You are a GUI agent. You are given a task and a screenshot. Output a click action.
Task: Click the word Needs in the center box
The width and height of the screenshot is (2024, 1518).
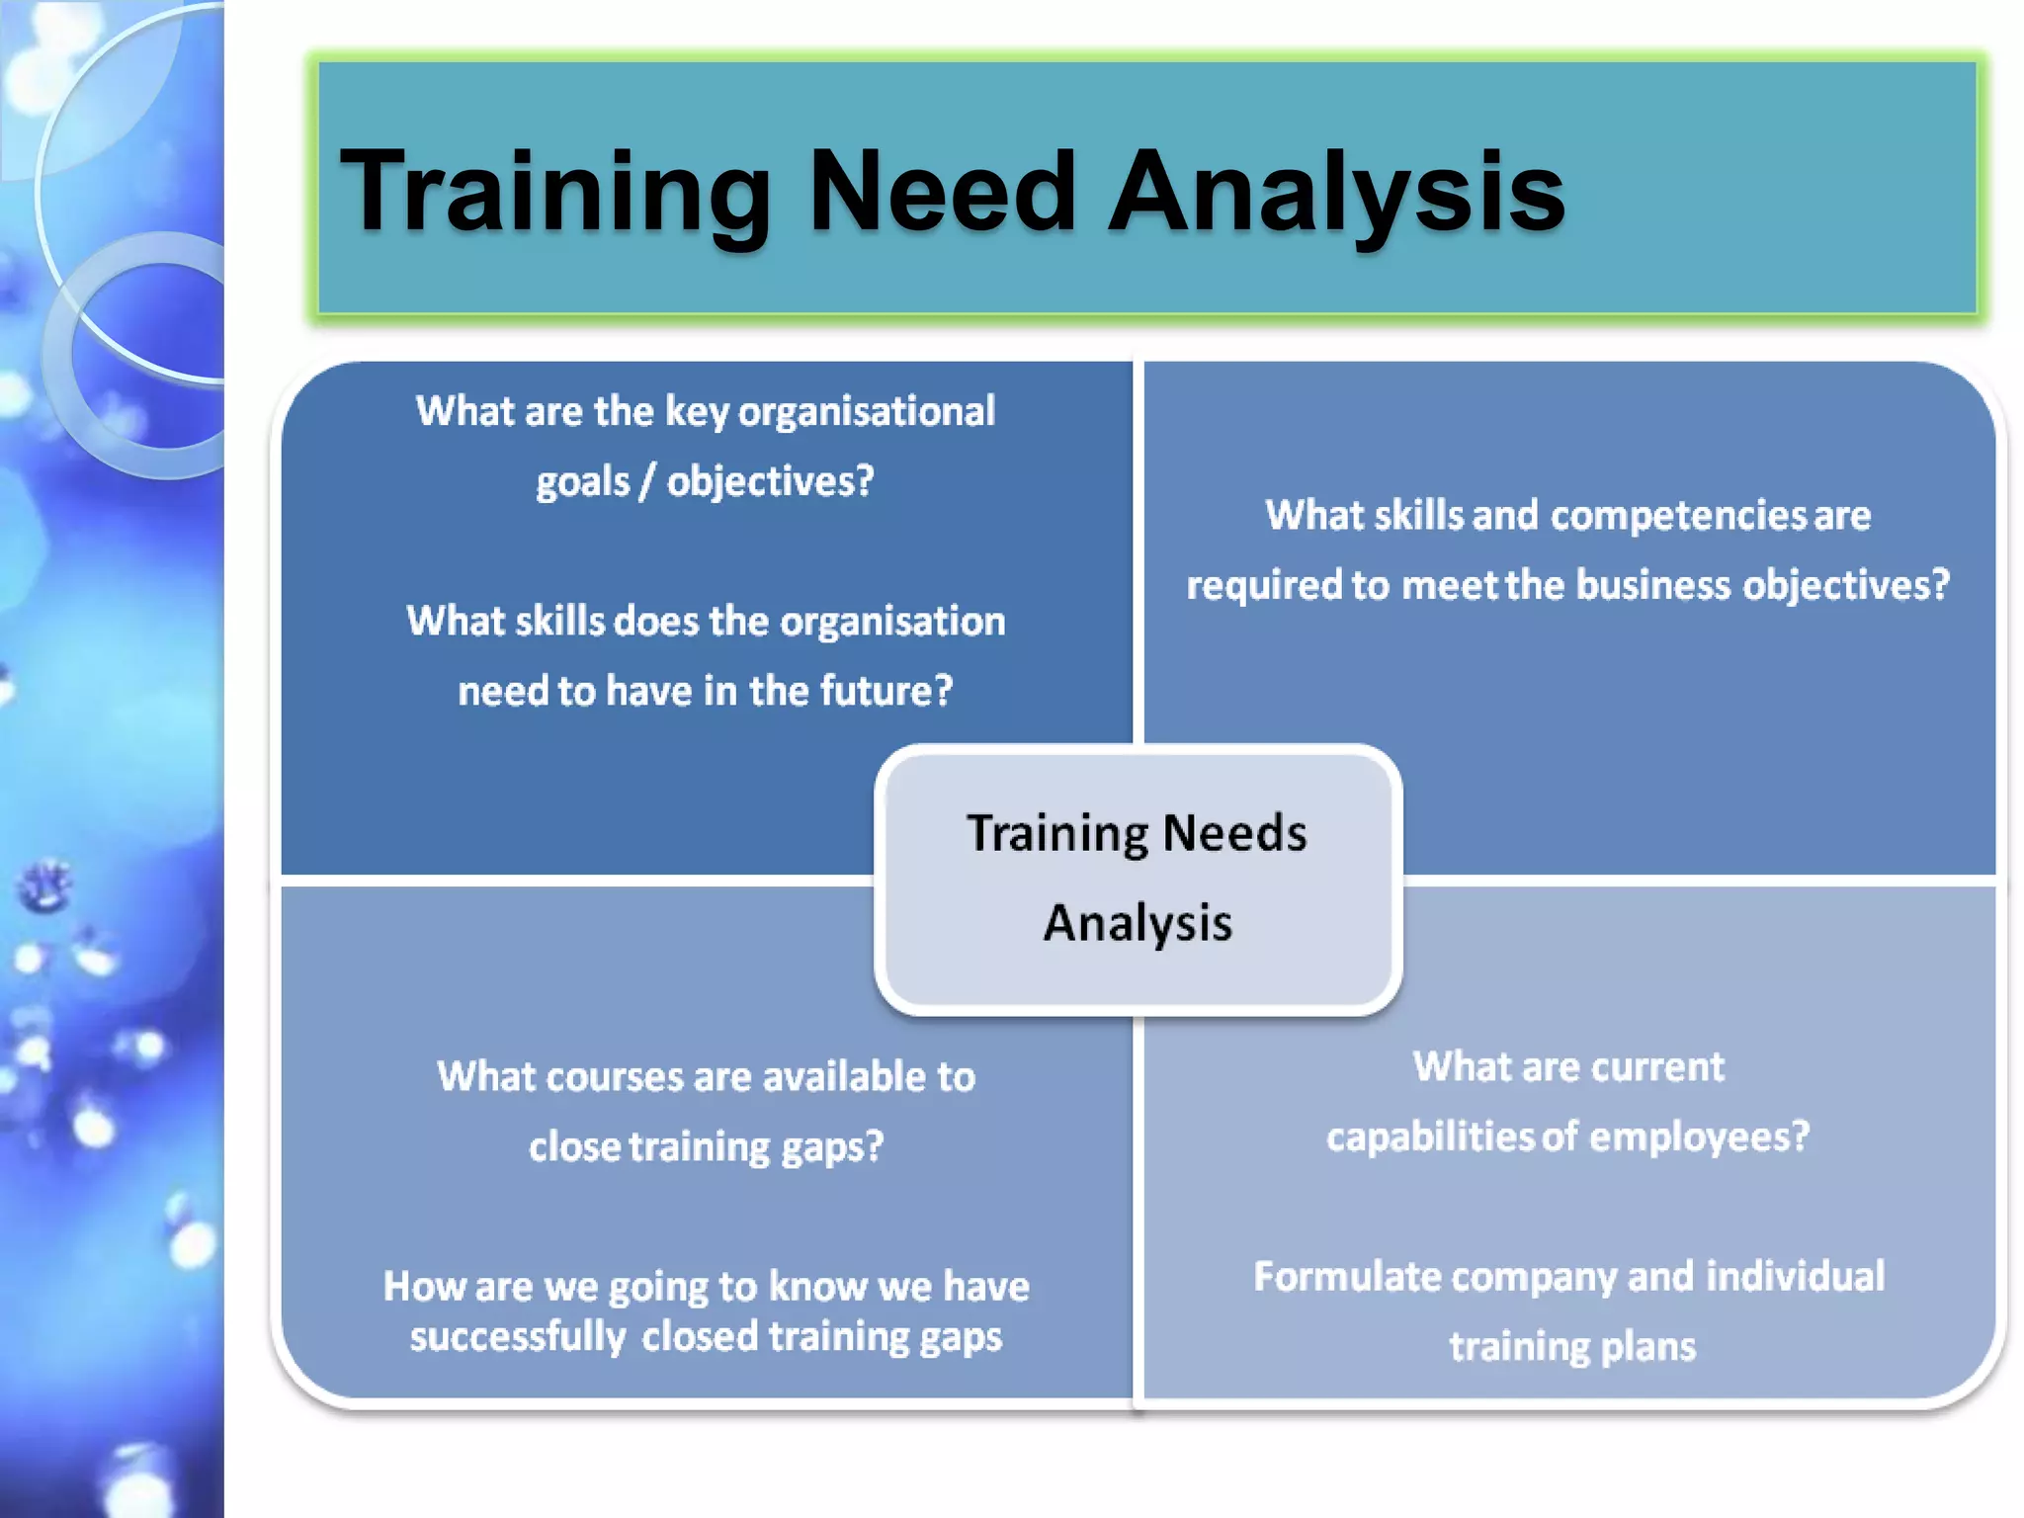pos(1234,833)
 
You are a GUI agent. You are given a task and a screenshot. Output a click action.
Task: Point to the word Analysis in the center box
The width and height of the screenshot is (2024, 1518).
pos(1138,924)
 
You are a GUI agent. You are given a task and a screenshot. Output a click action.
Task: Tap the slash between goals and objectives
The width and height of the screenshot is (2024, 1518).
pos(647,482)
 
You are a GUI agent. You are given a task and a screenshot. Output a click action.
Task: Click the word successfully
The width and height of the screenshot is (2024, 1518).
pos(518,1337)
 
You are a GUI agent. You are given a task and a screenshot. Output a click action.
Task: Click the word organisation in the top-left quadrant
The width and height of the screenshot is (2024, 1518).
pos(892,622)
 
